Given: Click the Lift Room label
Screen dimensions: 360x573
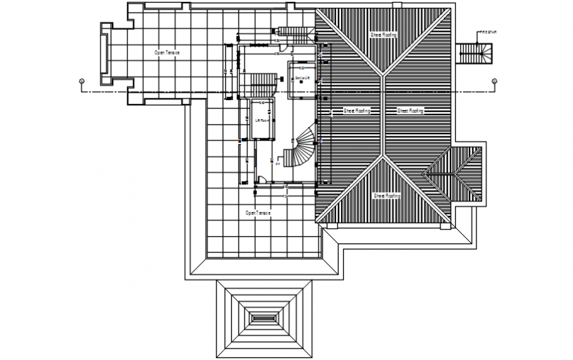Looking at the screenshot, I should point(261,120).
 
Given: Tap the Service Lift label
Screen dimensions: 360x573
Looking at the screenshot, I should point(302,78).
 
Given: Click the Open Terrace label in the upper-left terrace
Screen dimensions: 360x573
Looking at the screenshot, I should point(167,51).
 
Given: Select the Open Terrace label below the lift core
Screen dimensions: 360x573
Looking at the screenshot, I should point(258,213).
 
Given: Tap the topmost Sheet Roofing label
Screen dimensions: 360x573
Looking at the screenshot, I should point(383,34).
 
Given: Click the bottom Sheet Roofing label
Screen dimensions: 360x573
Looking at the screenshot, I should point(386,195).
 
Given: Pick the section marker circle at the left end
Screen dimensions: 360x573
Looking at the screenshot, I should point(81,81).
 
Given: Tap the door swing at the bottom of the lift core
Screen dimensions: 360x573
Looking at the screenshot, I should point(261,178).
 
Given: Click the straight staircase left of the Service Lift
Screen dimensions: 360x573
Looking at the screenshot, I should point(263,83).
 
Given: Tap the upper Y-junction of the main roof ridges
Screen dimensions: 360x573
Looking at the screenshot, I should point(384,73).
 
